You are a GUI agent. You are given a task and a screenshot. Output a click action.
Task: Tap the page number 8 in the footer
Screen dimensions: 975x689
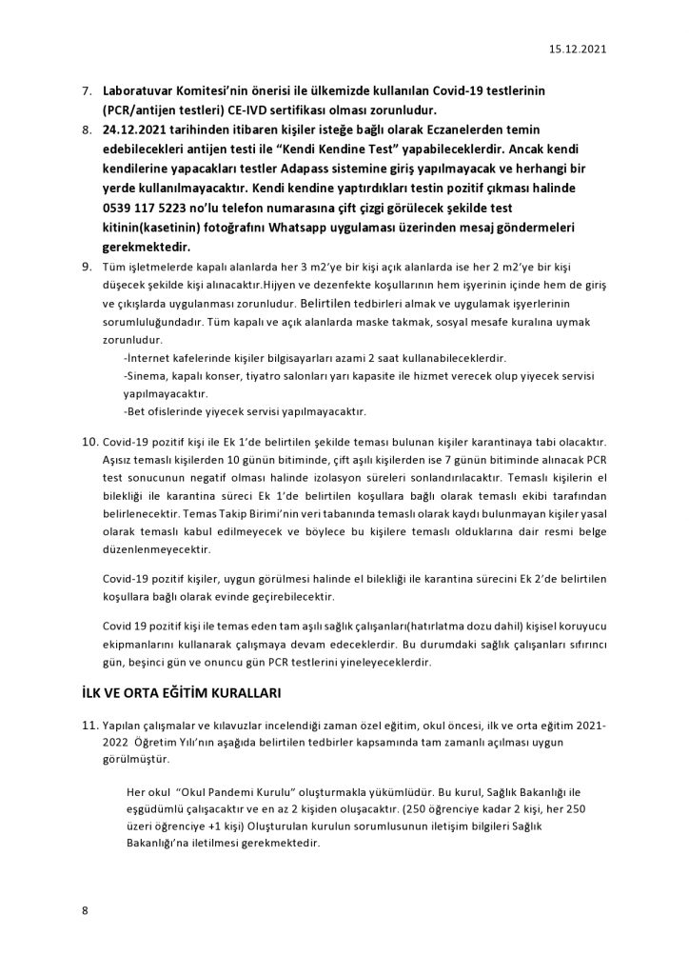(x=84, y=911)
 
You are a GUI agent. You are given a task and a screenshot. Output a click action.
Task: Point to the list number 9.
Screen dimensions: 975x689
(x=84, y=269)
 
